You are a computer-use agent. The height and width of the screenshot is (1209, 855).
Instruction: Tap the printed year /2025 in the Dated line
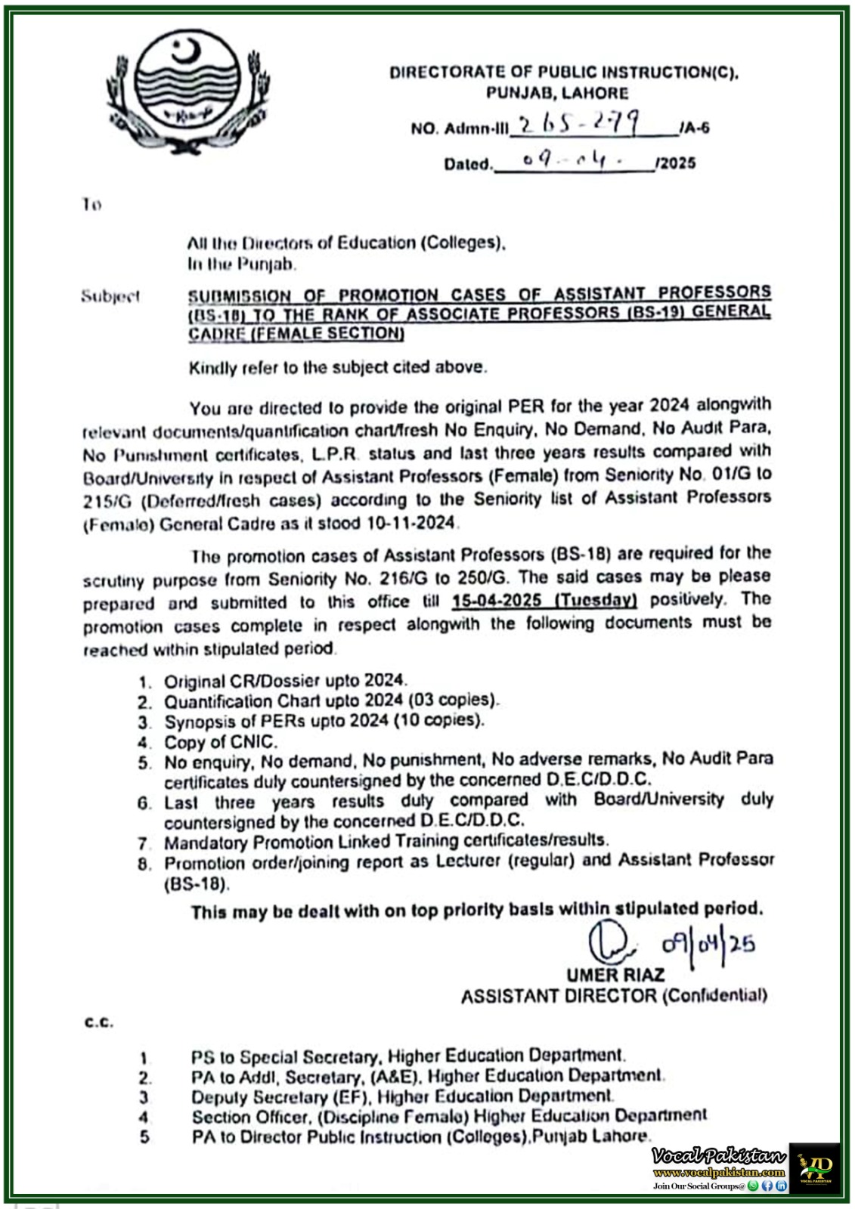click(x=677, y=163)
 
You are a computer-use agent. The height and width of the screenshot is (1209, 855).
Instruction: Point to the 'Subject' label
click(x=110, y=296)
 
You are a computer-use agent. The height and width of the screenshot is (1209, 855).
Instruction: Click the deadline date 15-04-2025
click(x=497, y=601)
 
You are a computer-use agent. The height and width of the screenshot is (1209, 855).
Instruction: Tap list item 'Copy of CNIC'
click(x=221, y=742)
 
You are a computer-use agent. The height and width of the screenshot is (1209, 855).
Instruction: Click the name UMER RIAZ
click(x=615, y=975)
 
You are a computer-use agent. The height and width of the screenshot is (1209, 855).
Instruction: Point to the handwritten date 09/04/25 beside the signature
click(x=708, y=945)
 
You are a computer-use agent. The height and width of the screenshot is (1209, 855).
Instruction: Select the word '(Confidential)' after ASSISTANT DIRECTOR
click(x=715, y=996)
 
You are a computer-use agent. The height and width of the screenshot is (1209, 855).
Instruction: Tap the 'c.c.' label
click(x=98, y=1022)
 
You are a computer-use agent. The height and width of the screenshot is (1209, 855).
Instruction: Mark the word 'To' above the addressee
click(x=91, y=205)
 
